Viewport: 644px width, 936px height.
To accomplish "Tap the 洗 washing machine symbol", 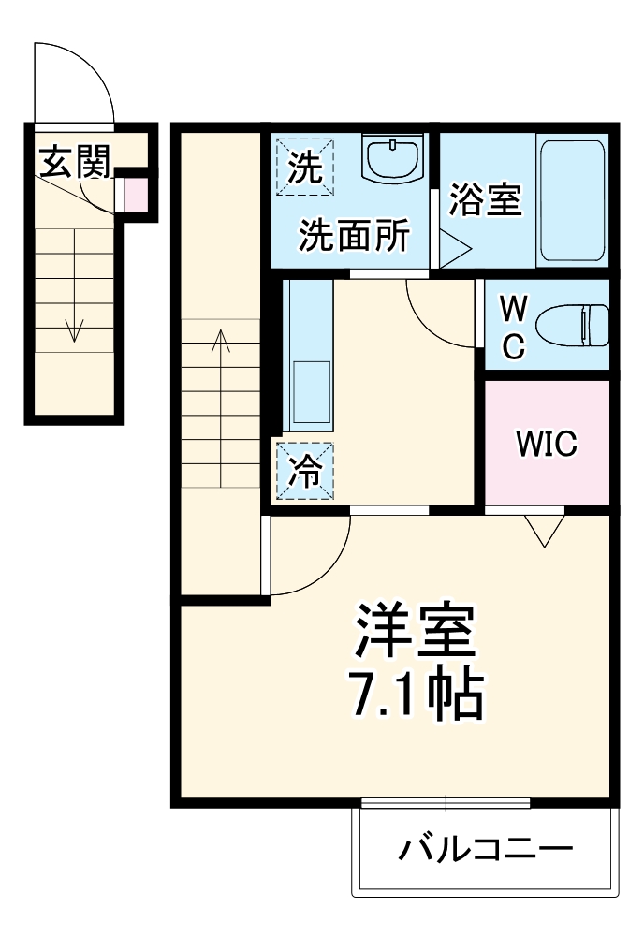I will point(303,168).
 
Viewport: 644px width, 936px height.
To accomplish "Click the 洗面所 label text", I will point(353,236).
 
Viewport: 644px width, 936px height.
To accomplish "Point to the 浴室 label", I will point(485,199).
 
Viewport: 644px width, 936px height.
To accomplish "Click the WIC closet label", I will point(547,444).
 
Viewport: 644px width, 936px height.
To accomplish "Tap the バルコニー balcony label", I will point(485,850).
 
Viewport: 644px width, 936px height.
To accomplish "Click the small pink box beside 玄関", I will point(135,195).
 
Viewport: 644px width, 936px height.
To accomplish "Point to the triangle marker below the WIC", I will point(544,532).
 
